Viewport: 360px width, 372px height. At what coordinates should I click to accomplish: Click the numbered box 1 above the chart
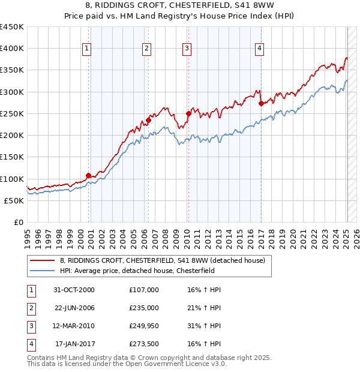tap(87, 49)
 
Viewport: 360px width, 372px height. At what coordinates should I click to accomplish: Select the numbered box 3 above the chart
tap(187, 49)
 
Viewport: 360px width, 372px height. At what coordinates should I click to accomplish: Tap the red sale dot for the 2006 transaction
tap(148, 120)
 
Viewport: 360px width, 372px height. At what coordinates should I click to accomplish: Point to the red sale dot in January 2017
tap(261, 103)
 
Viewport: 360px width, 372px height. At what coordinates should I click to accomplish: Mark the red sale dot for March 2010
tap(188, 113)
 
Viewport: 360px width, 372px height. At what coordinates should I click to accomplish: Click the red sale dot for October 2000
tap(88, 175)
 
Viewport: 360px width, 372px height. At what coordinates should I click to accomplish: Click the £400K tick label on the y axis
tap(12, 49)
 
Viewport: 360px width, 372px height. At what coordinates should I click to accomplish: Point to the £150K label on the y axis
tap(12, 157)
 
